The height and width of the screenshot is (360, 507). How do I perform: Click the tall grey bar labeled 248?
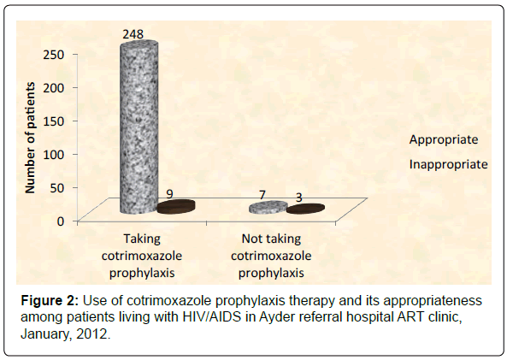pos(139,127)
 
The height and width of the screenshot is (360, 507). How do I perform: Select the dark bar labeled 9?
pos(176,207)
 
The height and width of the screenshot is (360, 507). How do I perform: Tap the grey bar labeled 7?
pos(268,207)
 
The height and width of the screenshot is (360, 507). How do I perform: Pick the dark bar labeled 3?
pos(305,209)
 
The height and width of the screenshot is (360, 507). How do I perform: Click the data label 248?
pos(133,34)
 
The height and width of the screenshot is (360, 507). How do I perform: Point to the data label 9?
pos(170,194)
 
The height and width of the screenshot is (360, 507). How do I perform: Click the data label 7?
pos(262,195)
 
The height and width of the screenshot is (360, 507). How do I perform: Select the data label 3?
pos(299,198)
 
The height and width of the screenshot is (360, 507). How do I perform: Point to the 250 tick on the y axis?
pos(54,55)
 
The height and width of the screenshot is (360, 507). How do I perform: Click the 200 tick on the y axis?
pos(54,88)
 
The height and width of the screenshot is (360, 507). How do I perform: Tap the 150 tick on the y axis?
pos(54,121)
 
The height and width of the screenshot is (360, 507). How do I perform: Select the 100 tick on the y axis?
pos(54,154)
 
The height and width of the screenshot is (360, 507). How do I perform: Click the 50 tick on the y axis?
pos(57,187)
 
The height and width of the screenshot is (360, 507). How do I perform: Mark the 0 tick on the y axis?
pos(61,221)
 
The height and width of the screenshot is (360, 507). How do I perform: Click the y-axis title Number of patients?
pos(30,138)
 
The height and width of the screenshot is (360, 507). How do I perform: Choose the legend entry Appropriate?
pos(444,139)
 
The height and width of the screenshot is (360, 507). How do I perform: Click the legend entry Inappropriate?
pos(449,164)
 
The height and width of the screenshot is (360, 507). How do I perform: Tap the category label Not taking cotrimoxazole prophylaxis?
pos(271,256)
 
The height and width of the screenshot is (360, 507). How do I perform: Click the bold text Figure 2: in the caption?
pos(50,301)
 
